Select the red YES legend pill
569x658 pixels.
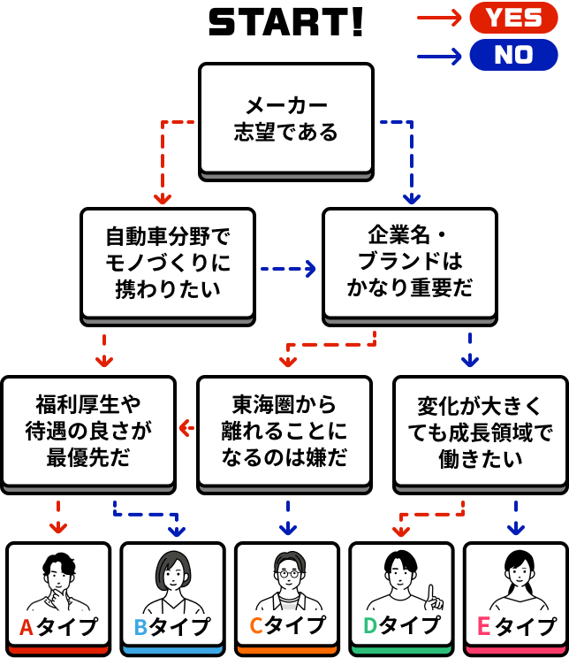[513, 17]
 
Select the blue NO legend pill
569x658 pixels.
[513, 55]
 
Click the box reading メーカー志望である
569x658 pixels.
[285, 119]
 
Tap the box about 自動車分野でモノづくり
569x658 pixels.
[167, 263]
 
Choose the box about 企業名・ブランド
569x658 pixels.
[409, 263]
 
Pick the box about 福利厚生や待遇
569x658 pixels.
[87, 431]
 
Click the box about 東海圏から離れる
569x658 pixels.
[284, 431]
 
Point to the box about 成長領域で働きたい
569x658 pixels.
[480, 431]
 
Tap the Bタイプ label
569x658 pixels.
[172, 627]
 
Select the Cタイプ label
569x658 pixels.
[286, 627]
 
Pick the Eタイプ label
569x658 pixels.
[516, 627]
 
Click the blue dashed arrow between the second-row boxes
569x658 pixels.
[288, 267]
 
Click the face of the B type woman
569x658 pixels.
[172, 574]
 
